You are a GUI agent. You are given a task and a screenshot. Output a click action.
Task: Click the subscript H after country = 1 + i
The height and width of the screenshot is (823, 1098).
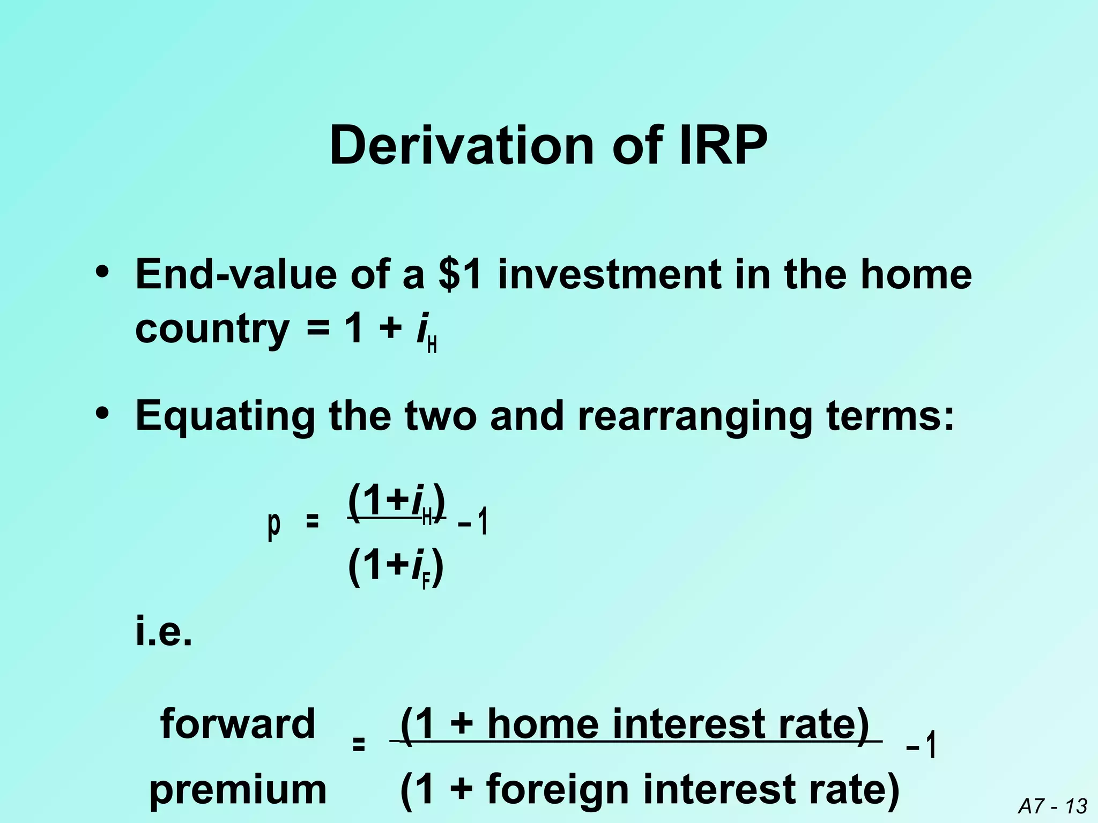(x=432, y=346)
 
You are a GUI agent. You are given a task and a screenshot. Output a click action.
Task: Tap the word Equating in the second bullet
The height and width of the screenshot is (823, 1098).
(x=225, y=416)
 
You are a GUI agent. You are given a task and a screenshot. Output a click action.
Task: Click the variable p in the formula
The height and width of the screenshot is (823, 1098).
(x=273, y=522)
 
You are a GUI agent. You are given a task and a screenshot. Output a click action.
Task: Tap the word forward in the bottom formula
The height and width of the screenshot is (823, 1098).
(x=238, y=723)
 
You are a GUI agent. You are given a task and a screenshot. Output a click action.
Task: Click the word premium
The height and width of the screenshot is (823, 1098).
(x=238, y=790)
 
